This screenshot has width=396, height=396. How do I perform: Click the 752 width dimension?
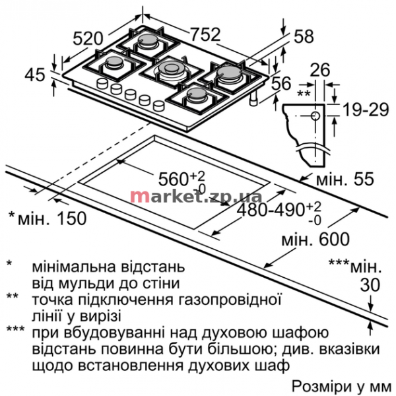[205, 34]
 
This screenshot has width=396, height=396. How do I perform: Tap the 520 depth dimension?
[88, 39]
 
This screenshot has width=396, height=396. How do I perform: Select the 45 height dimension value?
[35, 75]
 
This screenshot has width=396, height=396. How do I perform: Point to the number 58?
[304, 36]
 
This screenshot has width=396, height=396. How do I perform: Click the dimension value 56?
[282, 83]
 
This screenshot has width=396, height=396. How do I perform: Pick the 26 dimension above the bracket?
[320, 69]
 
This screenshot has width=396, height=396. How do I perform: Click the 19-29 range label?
[366, 110]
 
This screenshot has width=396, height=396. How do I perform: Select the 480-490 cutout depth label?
[271, 210]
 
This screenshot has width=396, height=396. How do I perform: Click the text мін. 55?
[345, 179]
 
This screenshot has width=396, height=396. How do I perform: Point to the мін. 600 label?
[315, 239]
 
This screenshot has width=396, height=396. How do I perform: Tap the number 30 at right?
[370, 284]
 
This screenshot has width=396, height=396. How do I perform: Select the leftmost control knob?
[102, 83]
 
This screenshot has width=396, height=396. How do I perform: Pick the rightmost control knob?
[159, 105]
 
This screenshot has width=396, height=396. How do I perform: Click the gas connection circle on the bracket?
[315, 116]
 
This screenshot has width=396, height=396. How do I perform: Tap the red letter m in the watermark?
[137, 196]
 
